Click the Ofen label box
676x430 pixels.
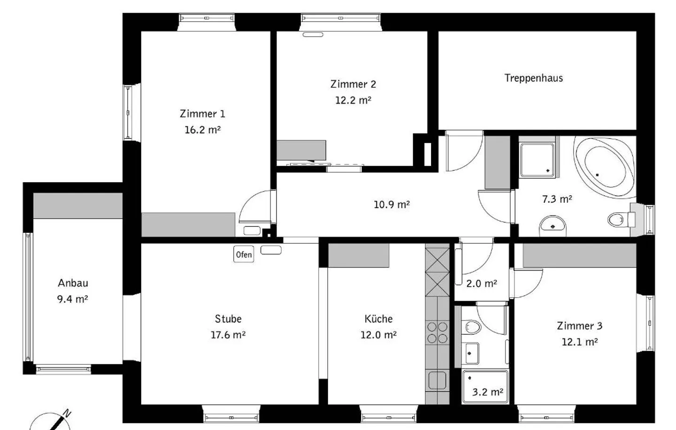(244, 254)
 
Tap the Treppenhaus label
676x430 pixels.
(534, 78)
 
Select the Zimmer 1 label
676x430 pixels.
(202, 114)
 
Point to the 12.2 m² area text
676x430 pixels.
(353, 100)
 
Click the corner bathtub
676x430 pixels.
(605, 167)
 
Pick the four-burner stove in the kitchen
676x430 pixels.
(437, 332)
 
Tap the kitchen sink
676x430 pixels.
(438, 381)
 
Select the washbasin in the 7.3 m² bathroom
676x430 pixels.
(553, 226)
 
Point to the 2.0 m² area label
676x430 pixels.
(481, 284)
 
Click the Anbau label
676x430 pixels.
(73, 283)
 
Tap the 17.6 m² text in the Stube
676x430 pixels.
(228, 335)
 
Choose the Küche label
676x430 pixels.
(378, 319)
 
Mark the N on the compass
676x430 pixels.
(67, 413)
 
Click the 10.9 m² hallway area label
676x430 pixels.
(392, 205)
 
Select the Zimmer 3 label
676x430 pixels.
(579, 326)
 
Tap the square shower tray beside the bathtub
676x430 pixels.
(537, 160)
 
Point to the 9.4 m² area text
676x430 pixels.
(72, 299)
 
